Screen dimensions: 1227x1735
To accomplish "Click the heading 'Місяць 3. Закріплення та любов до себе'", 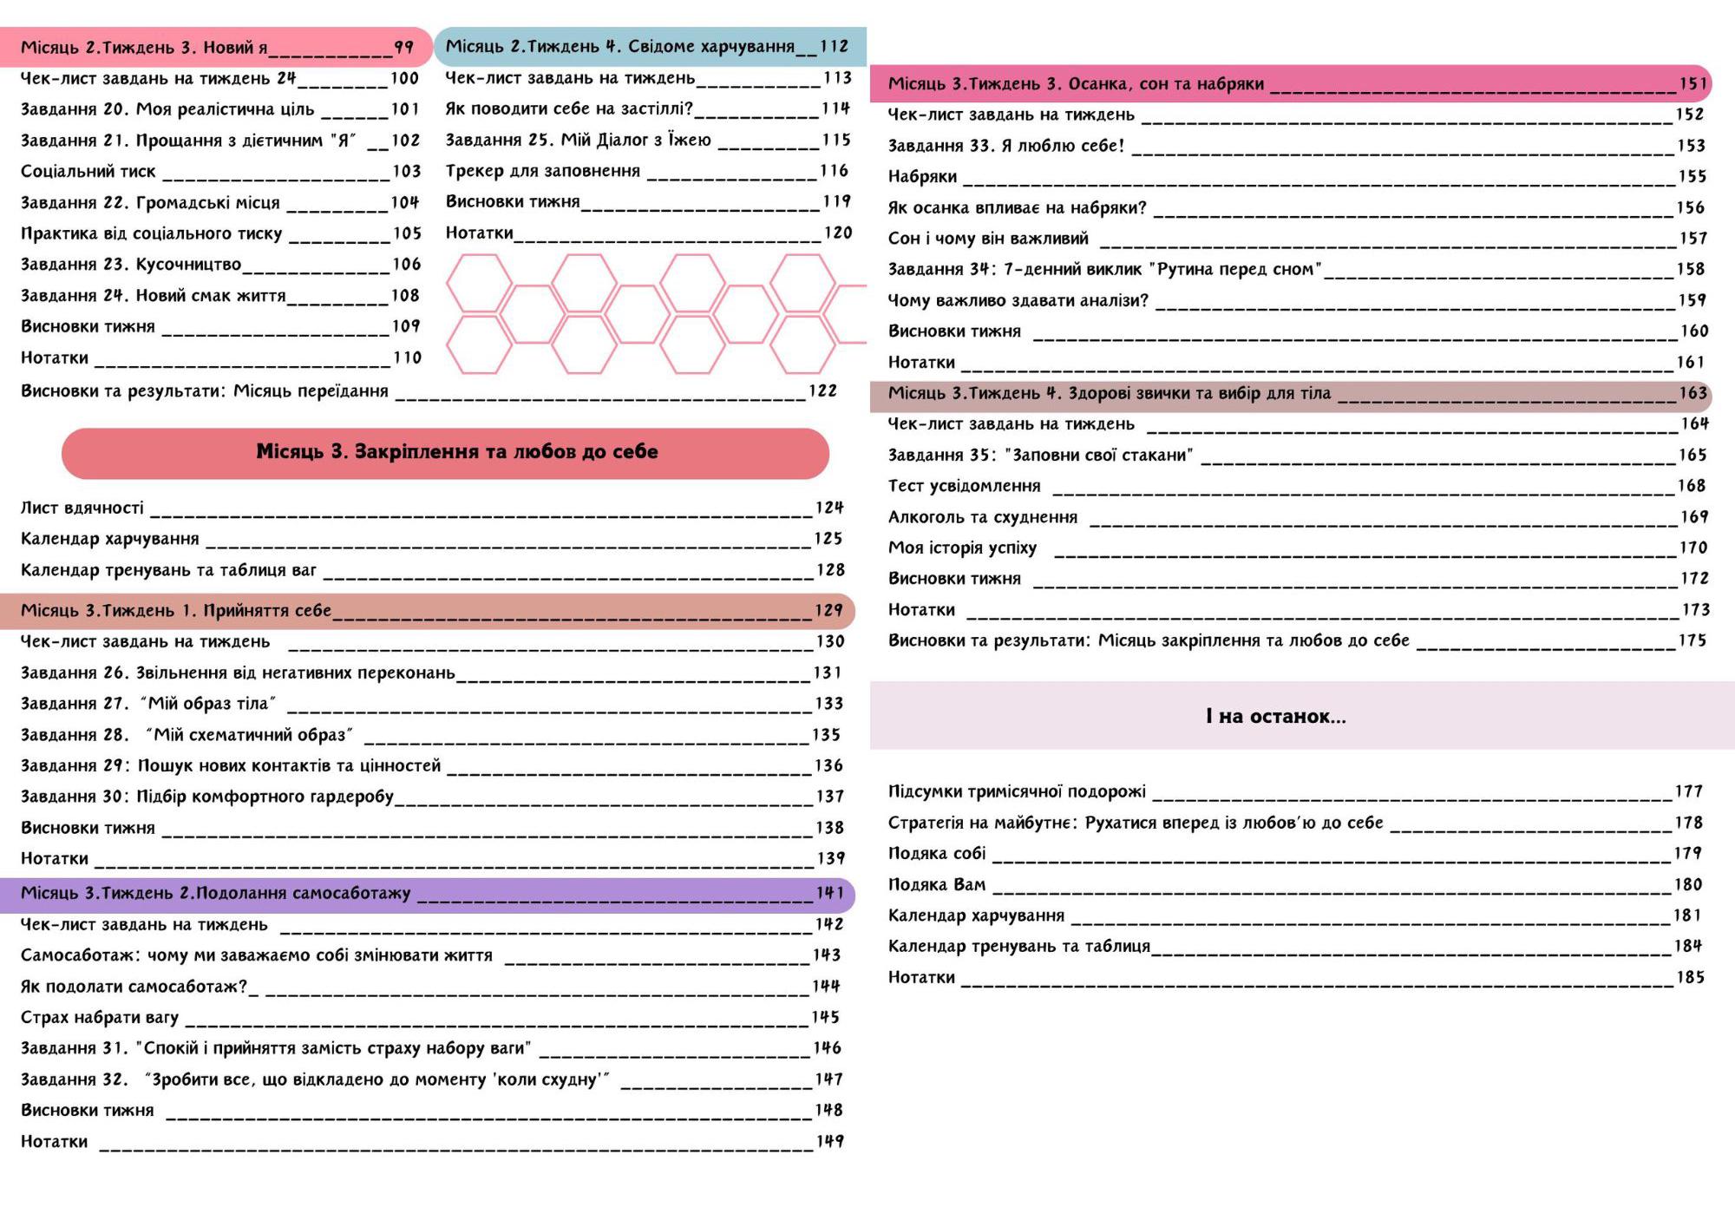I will pyautogui.click(x=456, y=451).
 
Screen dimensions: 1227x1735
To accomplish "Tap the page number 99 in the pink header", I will pyautogui.click(x=403, y=47).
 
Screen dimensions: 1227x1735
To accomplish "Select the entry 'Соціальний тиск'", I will pyautogui.click(x=88, y=172).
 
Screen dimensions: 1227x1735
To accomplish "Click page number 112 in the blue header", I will pyautogui.click(x=834, y=46).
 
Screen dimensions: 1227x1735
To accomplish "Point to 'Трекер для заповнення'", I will pyautogui.click(x=542, y=171).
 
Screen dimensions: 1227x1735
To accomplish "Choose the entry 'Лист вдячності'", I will pyautogui.click(x=82, y=508).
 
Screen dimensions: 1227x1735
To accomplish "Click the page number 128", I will pyautogui.click(x=830, y=570).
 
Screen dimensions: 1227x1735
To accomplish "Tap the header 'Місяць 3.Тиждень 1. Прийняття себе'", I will pyautogui.click(x=175, y=611).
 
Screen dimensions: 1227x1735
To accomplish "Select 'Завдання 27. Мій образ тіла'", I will pyautogui.click(x=147, y=704).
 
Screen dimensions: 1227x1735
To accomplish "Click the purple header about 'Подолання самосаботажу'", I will pyautogui.click(x=215, y=894).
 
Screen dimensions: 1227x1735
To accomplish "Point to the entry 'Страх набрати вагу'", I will pyautogui.click(x=99, y=1017).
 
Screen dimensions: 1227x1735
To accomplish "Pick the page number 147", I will pyautogui.click(x=828, y=1079).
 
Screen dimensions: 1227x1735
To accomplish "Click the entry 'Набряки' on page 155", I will pyautogui.click(x=922, y=177).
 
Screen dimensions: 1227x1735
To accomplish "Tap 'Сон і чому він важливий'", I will pyautogui.click(x=987, y=239).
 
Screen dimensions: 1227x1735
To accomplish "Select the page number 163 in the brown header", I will pyautogui.click(x=1692, y=393).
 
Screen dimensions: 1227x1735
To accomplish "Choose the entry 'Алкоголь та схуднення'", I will pyautogui.click(x=982, y=517).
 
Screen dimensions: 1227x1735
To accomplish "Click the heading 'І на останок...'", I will pyautogui.click(x=1275, y=716).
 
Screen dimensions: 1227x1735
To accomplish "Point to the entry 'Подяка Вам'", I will pyautogui.click(x=936, y=885).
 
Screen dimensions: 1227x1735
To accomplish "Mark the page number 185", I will pyautogui.click(x=1691, y=978).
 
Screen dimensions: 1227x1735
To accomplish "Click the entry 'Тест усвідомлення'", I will pyautogui.click(x=964, y=486).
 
